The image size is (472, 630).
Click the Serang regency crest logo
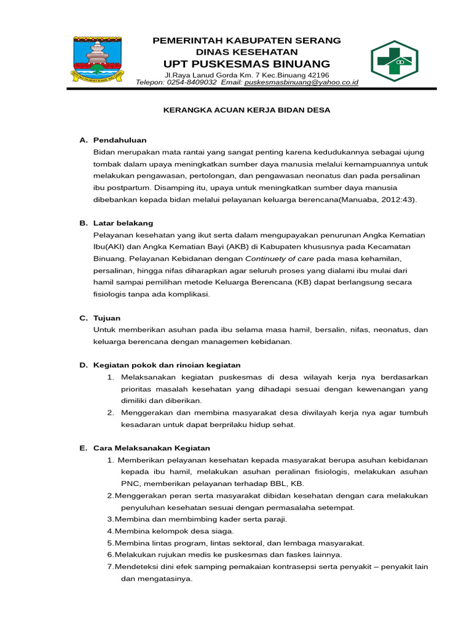pos(98,60)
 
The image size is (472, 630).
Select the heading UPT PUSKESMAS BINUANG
pos(246,65)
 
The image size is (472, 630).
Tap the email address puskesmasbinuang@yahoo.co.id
pos(301,82)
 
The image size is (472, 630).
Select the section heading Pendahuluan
pos(120,140)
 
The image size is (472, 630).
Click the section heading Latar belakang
pos(123,223)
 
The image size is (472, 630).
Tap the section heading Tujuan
pos(107,317)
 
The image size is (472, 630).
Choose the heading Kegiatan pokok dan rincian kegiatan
pos(167,365)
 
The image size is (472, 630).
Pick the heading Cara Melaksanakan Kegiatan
pos(152,448)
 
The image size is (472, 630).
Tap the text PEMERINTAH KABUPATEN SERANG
pos(246,41)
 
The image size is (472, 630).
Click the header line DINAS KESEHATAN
pos(246,52)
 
